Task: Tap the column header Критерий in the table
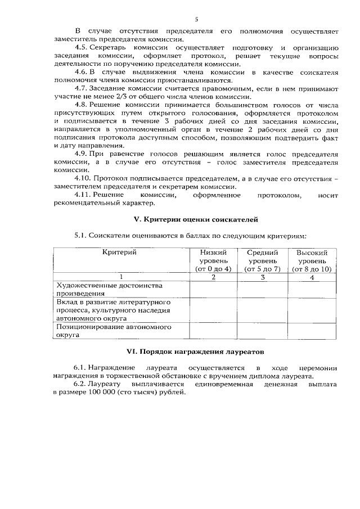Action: point(119,253)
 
